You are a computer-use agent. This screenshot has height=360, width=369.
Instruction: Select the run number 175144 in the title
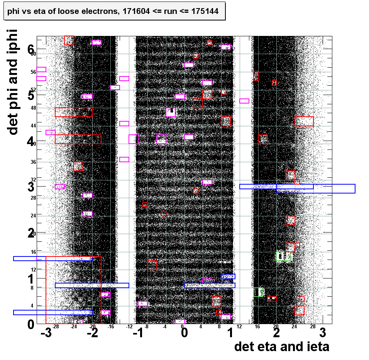[x=204, y=12]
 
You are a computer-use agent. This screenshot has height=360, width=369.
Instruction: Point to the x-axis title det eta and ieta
[x=282, y=346]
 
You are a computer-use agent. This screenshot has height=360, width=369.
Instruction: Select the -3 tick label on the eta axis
[x=46, y=333]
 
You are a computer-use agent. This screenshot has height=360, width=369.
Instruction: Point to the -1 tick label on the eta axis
[x=138, y=333]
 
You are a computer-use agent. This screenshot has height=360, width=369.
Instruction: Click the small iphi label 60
[x=33, y=54]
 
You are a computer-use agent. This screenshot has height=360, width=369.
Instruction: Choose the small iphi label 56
[x=33, y=71]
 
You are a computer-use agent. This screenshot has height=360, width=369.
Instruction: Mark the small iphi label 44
[x=33, y=126]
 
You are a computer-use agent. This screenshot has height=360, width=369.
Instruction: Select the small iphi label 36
[x=33, y=162]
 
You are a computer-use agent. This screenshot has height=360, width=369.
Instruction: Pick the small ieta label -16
[x=110, y=327]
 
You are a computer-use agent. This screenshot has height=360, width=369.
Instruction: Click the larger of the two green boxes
[x=283, y=256]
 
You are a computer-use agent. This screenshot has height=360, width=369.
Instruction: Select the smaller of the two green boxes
[x=258, y=292]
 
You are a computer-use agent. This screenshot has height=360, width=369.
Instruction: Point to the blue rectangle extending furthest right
[x=316, y=188]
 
